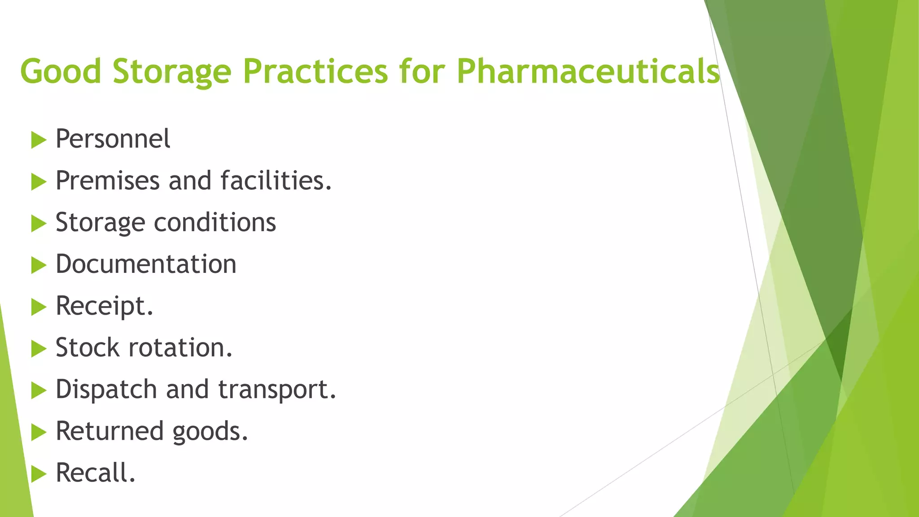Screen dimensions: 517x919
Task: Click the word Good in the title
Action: (61, 71)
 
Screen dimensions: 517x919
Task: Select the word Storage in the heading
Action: (172, 71)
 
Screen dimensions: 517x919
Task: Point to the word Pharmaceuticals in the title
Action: (588, 71)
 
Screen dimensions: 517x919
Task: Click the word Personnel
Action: (113, 139)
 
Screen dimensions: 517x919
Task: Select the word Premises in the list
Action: (108, 180)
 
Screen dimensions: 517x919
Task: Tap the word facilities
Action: (276, 180)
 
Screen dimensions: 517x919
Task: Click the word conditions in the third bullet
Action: (215, 222)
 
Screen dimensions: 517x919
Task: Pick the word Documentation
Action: (146, 264)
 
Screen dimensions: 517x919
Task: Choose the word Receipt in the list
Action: (104, 306)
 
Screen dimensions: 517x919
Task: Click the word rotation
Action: (180, 347)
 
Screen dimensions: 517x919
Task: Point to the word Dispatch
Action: (106, 389)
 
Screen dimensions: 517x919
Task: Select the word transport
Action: (277, 389)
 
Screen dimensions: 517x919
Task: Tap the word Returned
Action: (109, 431)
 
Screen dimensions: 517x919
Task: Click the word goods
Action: (210, 431)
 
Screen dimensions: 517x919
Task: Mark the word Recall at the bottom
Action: (95, 473)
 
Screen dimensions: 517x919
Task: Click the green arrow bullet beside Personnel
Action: (39, 140)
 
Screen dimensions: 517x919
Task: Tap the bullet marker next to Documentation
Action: (39, 266)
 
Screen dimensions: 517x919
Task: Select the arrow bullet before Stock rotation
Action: (39, 349)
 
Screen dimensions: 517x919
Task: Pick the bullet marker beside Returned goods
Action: (39, 433)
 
